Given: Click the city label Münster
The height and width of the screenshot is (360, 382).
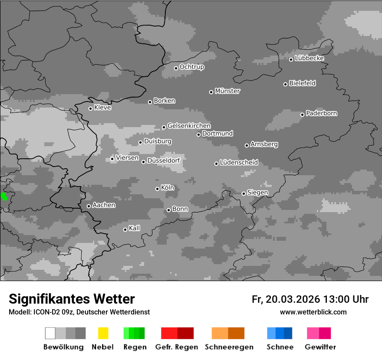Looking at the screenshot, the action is [227, 91].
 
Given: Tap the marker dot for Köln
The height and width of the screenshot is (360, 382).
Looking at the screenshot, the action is [157, 189].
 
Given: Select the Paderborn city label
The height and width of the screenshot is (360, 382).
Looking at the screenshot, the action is [322, 113].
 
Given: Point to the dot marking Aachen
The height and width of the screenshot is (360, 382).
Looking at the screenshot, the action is [89, 206].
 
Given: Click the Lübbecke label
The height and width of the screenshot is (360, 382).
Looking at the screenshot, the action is [310, 58].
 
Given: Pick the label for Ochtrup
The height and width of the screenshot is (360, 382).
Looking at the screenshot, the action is [192, 67].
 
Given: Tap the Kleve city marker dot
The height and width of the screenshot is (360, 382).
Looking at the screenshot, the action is [90, 108].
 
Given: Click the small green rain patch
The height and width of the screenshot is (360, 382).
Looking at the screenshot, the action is [4, 196].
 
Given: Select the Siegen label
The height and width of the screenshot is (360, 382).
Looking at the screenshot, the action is [258, 193].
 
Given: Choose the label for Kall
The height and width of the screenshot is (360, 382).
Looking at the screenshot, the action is [135, 228].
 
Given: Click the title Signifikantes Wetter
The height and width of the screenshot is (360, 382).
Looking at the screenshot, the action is [72, 299].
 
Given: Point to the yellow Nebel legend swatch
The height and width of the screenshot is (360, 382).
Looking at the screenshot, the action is [103, 333].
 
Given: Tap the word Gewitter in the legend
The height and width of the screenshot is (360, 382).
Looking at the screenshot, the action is [320, 347].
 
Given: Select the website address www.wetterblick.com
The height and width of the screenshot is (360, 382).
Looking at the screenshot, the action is [313, 312].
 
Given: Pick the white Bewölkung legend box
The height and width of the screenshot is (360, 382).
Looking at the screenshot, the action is [50, 333].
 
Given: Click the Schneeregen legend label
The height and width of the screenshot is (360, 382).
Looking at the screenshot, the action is [229, 347].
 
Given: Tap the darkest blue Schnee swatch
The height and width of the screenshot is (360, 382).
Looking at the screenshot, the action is [288, 333].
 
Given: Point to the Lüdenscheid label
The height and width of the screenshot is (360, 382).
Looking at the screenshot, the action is [239, 163].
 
